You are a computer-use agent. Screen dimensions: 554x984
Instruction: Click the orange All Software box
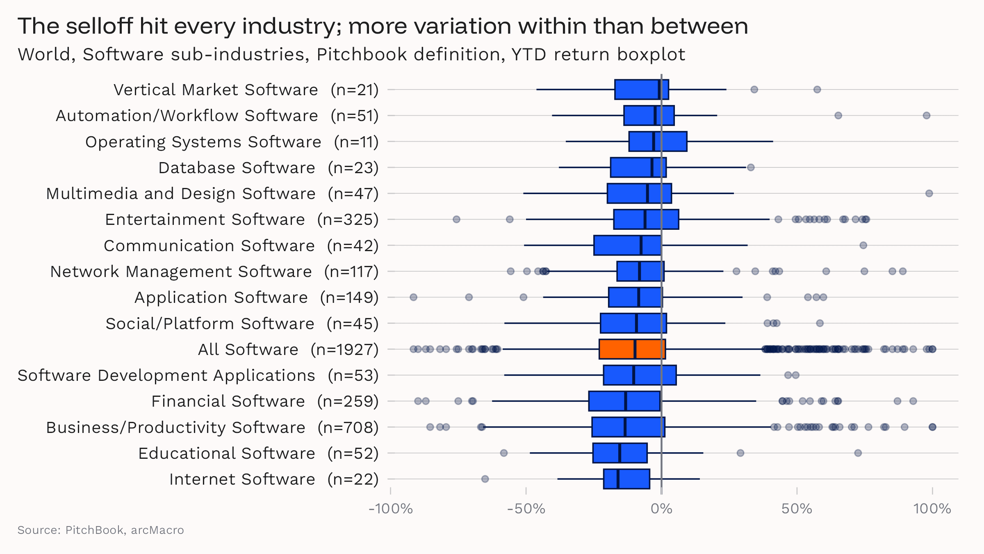[x=632, y=349]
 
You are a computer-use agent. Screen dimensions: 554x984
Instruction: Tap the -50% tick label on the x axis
[x=526, y=509]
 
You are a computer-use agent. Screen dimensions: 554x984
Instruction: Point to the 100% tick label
[x=932, y=509]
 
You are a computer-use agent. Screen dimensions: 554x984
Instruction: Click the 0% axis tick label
[x=661, y=509]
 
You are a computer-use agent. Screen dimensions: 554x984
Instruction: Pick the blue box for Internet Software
[x=626, y=479]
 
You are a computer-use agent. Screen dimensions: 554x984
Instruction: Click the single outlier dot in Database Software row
[x=751, y=167]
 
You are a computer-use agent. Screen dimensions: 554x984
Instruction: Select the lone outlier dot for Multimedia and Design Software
[x=929, y=193]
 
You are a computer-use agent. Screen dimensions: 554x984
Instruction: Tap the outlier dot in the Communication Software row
[x=863, y=245]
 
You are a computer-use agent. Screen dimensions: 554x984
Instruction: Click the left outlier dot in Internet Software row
[x=485, y=479]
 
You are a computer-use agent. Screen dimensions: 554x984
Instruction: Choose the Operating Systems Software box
[x=658, y=142]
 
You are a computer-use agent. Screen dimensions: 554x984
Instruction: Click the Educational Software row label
[x=226, y=453]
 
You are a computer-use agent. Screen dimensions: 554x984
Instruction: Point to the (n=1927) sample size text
[x=344, y=350]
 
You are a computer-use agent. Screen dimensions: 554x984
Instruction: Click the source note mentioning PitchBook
[x=100, y=530]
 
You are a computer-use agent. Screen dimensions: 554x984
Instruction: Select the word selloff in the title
[x=99, y=26]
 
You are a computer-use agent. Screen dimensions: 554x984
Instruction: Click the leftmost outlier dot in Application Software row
[x=413, y=297]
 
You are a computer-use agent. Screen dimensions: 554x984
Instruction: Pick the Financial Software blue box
[x=624, y=401]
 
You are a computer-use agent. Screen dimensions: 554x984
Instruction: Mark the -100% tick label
[x=390, y=509]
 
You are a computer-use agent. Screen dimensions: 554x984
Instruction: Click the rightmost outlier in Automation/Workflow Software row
[x=927, y=115]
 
